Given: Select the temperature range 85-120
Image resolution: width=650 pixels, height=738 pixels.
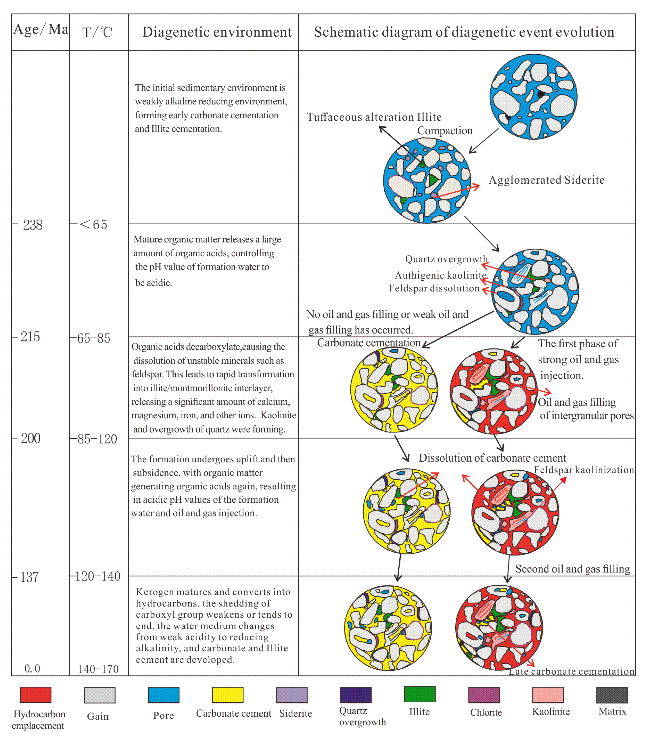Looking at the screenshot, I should tap(97, 439).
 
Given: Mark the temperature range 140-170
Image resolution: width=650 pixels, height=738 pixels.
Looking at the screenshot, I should tap(98, 669).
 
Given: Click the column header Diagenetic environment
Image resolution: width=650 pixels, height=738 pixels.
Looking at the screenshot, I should tap(217, 32).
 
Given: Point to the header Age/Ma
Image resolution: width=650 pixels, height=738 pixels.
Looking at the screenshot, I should tap(40, 29).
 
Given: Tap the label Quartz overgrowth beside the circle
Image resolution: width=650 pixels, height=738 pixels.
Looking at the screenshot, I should tap(446, 259).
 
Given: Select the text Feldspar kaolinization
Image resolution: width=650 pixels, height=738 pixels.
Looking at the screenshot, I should tap(584, 470).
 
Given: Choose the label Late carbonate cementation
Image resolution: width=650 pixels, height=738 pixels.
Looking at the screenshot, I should tap(571, 671).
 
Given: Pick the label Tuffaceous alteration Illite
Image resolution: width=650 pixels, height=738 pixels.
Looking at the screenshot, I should tap(374, 117).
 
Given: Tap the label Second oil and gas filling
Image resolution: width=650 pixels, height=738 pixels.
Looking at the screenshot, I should tap(572, 569).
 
